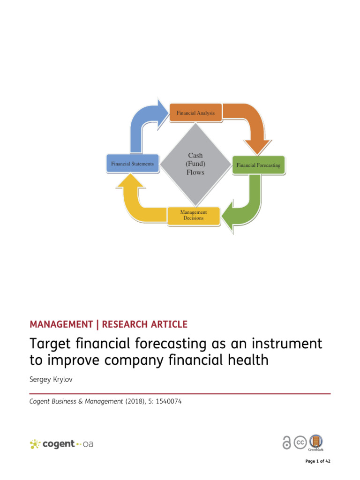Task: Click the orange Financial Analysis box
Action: click(195, 113)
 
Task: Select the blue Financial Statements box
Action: click(133, 164)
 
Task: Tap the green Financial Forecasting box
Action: click(258, 165)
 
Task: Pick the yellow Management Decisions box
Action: click(194, 215)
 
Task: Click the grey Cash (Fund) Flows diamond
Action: click(195, 163)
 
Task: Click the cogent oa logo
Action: click(61, 444)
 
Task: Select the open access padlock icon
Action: click(286, 443)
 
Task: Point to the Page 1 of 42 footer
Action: click(318, 461)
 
